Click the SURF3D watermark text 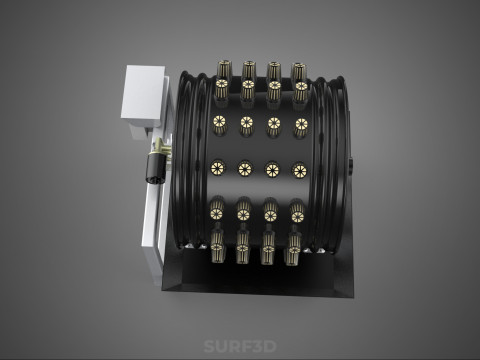coord(240,346)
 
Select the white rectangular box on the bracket coord(143,96)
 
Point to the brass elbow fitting coord(160,147)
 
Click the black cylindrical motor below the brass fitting coord(155,168)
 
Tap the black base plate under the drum coord(257,273)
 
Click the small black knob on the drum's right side coord(351,165)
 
